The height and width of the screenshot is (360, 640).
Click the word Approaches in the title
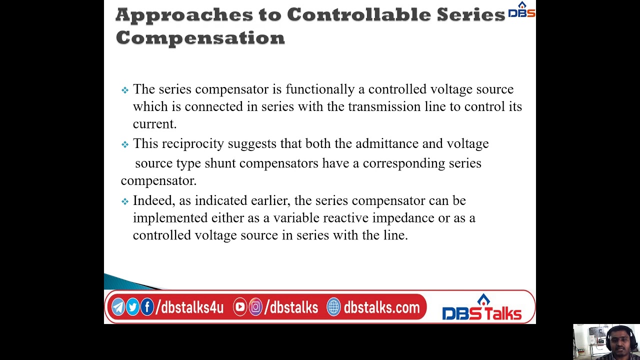click(x=184, y=15)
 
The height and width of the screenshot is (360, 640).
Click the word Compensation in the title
click(x=200, y=37)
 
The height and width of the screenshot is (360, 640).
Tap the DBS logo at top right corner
click(x=521, y=10)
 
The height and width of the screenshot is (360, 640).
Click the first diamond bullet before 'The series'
click(x=125, y=90)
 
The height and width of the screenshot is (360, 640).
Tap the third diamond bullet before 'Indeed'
click(x=125, y=201)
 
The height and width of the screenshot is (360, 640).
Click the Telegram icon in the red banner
click(x=118, y=307)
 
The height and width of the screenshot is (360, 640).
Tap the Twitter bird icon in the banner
click(x=132, y=307)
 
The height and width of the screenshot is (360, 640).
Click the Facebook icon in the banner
click(x=147, y=307)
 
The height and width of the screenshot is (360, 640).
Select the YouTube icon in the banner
click(x=240, y=307)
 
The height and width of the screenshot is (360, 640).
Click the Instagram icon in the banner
click(x=255, y=307)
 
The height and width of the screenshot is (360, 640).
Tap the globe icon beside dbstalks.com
click(x=333, y=307)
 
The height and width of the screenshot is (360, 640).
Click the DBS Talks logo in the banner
click(x=481, y=308)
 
